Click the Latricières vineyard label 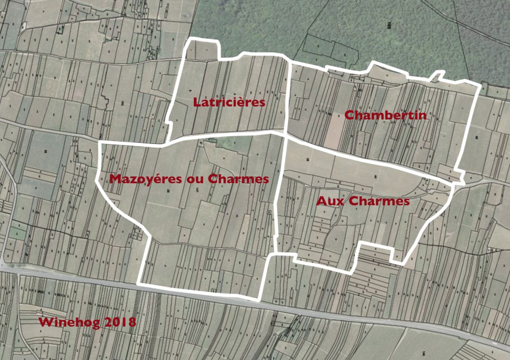pos(229,103)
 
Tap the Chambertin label pos(385,116)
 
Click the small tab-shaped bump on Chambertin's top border pos(437,76)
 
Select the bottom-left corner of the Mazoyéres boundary pos(138,283)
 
